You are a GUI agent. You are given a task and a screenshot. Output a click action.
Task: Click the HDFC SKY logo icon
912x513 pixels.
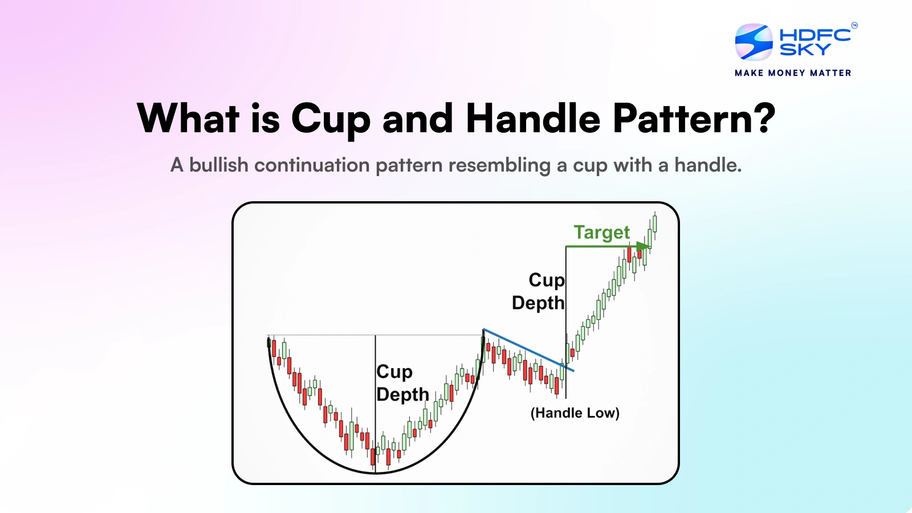(754, 42)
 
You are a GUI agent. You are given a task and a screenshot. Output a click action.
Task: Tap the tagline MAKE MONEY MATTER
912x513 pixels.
(793, 73)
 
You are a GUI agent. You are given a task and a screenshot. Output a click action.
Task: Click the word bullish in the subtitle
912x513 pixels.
(219, 165)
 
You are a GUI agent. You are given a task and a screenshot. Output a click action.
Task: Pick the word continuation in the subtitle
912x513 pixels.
(312, 165)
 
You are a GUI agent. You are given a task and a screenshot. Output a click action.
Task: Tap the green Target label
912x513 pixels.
(602, 233)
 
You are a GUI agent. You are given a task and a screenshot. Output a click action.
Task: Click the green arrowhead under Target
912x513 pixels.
(644, 246)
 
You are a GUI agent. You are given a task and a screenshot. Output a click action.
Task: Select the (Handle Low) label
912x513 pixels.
(575, 413)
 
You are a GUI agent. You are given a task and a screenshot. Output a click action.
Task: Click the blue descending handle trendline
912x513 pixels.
(528, 350)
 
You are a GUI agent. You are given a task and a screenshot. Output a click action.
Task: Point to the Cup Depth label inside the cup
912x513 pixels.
(402, 383)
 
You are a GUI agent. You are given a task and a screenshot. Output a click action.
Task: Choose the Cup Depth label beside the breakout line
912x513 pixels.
(538, 291)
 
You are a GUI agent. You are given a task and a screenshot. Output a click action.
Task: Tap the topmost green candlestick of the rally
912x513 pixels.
(655, 223)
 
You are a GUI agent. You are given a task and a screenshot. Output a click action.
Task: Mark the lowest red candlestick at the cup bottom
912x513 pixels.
(373, 457)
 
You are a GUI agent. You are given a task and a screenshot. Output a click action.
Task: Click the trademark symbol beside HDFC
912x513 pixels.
(854, 26)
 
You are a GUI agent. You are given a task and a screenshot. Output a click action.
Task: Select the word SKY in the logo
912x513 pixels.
(805, 49)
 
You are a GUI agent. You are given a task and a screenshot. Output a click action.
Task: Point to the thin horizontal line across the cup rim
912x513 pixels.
(375, 335)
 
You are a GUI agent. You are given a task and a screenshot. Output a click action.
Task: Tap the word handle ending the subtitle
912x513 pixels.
(708, 165)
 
